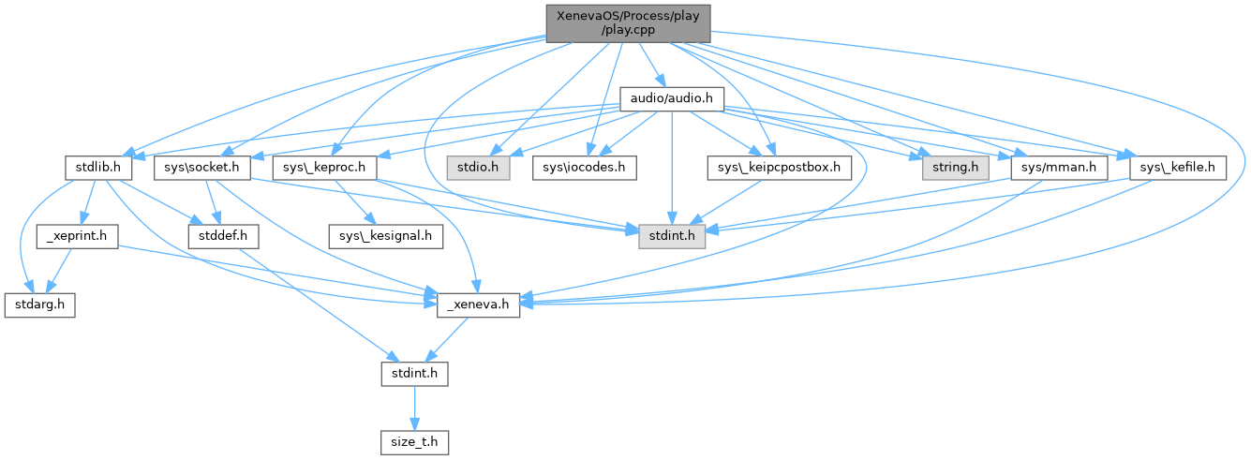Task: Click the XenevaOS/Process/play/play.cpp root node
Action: click(628, 22)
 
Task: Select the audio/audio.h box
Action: click(671, 97)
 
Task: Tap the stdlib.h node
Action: click(95, 168)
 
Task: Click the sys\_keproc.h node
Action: click(324, 168)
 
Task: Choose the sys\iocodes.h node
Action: click(585, 168)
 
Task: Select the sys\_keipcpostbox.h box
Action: click(779, 168)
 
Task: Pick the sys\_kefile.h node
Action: click(1179, 168)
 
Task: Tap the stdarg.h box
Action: click(39, 305)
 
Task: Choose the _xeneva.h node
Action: click(479, 305)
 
